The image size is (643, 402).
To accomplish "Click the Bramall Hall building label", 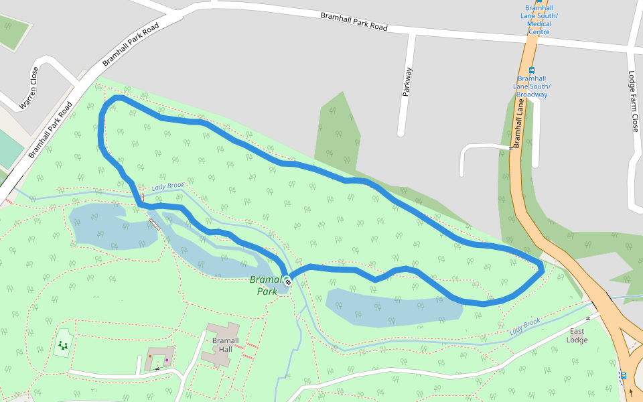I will click(221, 344).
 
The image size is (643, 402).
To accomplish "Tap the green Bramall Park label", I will click(267, 285).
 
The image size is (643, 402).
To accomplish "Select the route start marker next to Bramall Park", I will click(287, 282).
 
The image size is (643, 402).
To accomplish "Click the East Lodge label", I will click(577, 336).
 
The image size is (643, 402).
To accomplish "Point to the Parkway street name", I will click(407, 82).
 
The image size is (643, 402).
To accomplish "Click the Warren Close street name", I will click(30, 87).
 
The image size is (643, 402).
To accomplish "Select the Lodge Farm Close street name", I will click(634, 100).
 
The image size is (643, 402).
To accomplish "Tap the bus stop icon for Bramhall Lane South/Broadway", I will click(532, 70).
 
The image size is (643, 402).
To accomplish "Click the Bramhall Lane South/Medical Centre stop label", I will click(539, 20).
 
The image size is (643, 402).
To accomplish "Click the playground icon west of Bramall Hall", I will click(63, 345).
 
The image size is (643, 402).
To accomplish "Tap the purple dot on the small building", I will click(166, 360).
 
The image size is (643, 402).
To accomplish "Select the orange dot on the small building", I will click(150, 356).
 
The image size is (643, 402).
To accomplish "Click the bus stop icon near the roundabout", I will click(624, 375).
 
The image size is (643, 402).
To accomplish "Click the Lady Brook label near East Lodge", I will click(524, 326).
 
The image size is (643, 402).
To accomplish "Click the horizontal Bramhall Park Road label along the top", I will click(354, 21).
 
